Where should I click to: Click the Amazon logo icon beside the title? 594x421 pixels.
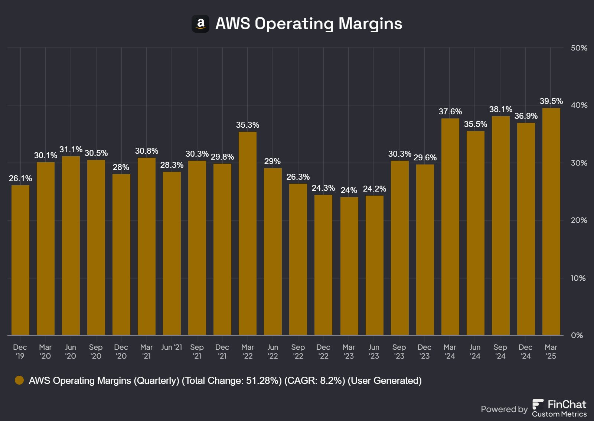tap(200, 24)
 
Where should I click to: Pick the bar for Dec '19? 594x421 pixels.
tap(20, 260)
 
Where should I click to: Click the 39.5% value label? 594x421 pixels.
tap(551, 101)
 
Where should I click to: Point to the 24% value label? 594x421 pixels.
tap(349, 190)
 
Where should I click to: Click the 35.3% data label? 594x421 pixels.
tap(248, 125)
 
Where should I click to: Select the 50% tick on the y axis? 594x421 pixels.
tap(579, 48)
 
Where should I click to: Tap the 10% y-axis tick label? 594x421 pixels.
tap(578, 278)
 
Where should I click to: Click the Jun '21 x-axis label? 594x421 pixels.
tap(172, 347)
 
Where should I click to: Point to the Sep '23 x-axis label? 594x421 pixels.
tap(399, 352)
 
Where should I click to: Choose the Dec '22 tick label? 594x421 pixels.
tap(323, 352)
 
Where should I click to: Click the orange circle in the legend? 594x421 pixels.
tap(19, 380)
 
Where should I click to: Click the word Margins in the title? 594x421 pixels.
tap(370, 23)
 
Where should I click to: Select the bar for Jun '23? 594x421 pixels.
tap(375, 265)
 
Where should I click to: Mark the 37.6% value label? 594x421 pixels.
tap(450, 111)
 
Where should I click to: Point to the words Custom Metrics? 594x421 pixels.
tap(559, 414)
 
